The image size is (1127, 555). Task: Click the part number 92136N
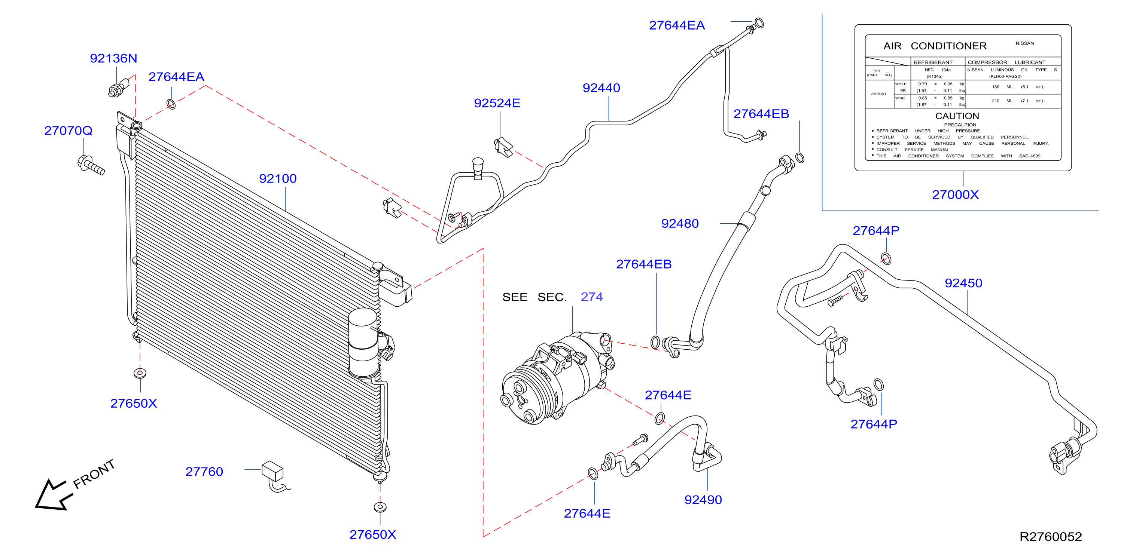113,58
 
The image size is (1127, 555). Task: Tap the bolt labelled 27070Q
91,165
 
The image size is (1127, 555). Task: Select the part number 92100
278,178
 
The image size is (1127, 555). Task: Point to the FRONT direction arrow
52,495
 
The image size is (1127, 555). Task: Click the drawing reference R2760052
1050,537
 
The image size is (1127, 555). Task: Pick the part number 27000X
955,194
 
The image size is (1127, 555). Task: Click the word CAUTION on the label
957,116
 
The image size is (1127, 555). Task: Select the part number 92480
680,223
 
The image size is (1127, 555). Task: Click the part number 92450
963,283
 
